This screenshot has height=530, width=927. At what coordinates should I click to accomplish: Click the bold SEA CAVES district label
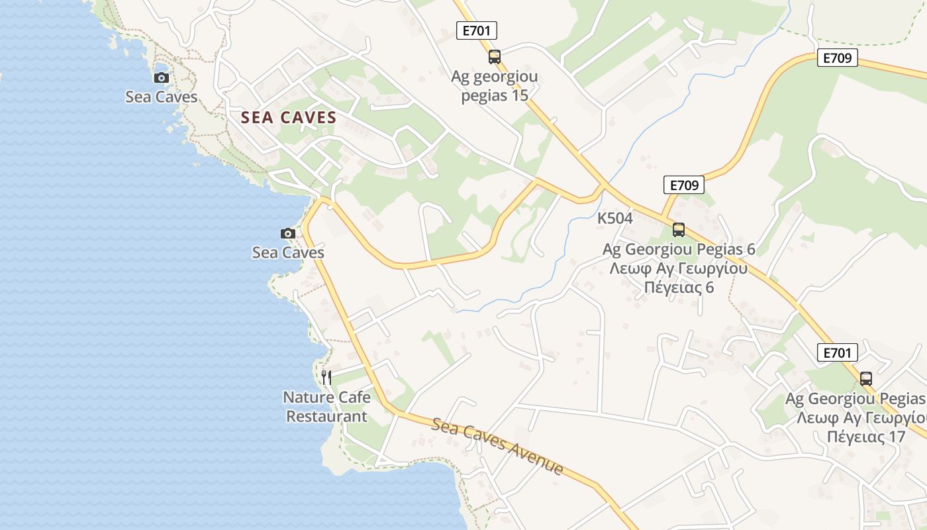(x=289, y=118)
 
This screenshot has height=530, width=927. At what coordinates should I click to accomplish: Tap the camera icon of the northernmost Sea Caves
(x=161, y=78)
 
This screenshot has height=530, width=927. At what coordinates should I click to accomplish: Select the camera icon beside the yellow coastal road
(x=288, y=233)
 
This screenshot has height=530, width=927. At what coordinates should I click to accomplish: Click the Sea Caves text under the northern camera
(x=162, y=97)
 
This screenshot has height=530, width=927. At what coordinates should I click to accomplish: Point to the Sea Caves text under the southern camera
(x=288, y=252)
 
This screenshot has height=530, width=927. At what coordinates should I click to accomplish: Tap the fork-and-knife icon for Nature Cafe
(x=326, y=378)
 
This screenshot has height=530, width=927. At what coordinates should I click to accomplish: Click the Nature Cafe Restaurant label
(x=326, y=407)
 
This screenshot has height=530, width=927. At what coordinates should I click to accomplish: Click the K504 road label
(x=614, y=218)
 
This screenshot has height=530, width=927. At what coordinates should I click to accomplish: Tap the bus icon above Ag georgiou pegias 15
(x=495, y=57)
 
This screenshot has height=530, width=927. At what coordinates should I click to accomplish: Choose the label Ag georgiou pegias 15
(x=494, y=86)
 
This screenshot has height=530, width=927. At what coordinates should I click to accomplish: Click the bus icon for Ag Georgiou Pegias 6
(x=679, y=230)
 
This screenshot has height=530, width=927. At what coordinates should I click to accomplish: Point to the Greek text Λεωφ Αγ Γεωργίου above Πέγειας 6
(x=679, y=269)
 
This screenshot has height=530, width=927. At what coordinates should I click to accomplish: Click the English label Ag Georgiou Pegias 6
(x=679, y=250)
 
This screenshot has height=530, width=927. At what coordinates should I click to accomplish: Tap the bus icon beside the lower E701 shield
(x=865, y=379)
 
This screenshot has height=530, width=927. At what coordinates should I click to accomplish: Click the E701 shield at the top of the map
(x=477, y=30)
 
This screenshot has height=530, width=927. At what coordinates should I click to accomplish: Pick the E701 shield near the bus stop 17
(x=837, y=352)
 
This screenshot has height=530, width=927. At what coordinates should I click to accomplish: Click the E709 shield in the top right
(x=837, y=58)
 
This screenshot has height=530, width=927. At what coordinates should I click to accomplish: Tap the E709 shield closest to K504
(x=684, y=185)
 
